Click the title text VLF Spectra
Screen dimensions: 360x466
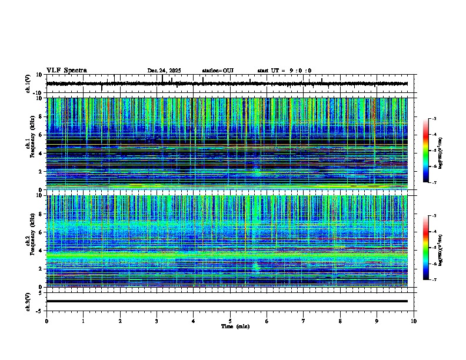(x=66, y=71)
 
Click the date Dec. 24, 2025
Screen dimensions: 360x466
(x=164, y=71)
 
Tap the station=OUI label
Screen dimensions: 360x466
(x=218, y=71)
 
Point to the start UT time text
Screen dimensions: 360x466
(x=284, y=71)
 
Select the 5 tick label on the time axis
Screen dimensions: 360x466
(x=230, y=321)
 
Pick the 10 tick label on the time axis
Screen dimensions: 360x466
(x=414, y=321)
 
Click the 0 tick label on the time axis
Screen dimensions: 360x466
(x=46, y=321)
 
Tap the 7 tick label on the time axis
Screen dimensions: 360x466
(x=304, y=321)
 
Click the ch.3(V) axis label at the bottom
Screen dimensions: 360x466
(x=28, y=301)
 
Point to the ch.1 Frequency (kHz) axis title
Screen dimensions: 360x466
(x=29, y=144)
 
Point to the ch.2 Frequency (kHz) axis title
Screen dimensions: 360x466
(x=29, y=241)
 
